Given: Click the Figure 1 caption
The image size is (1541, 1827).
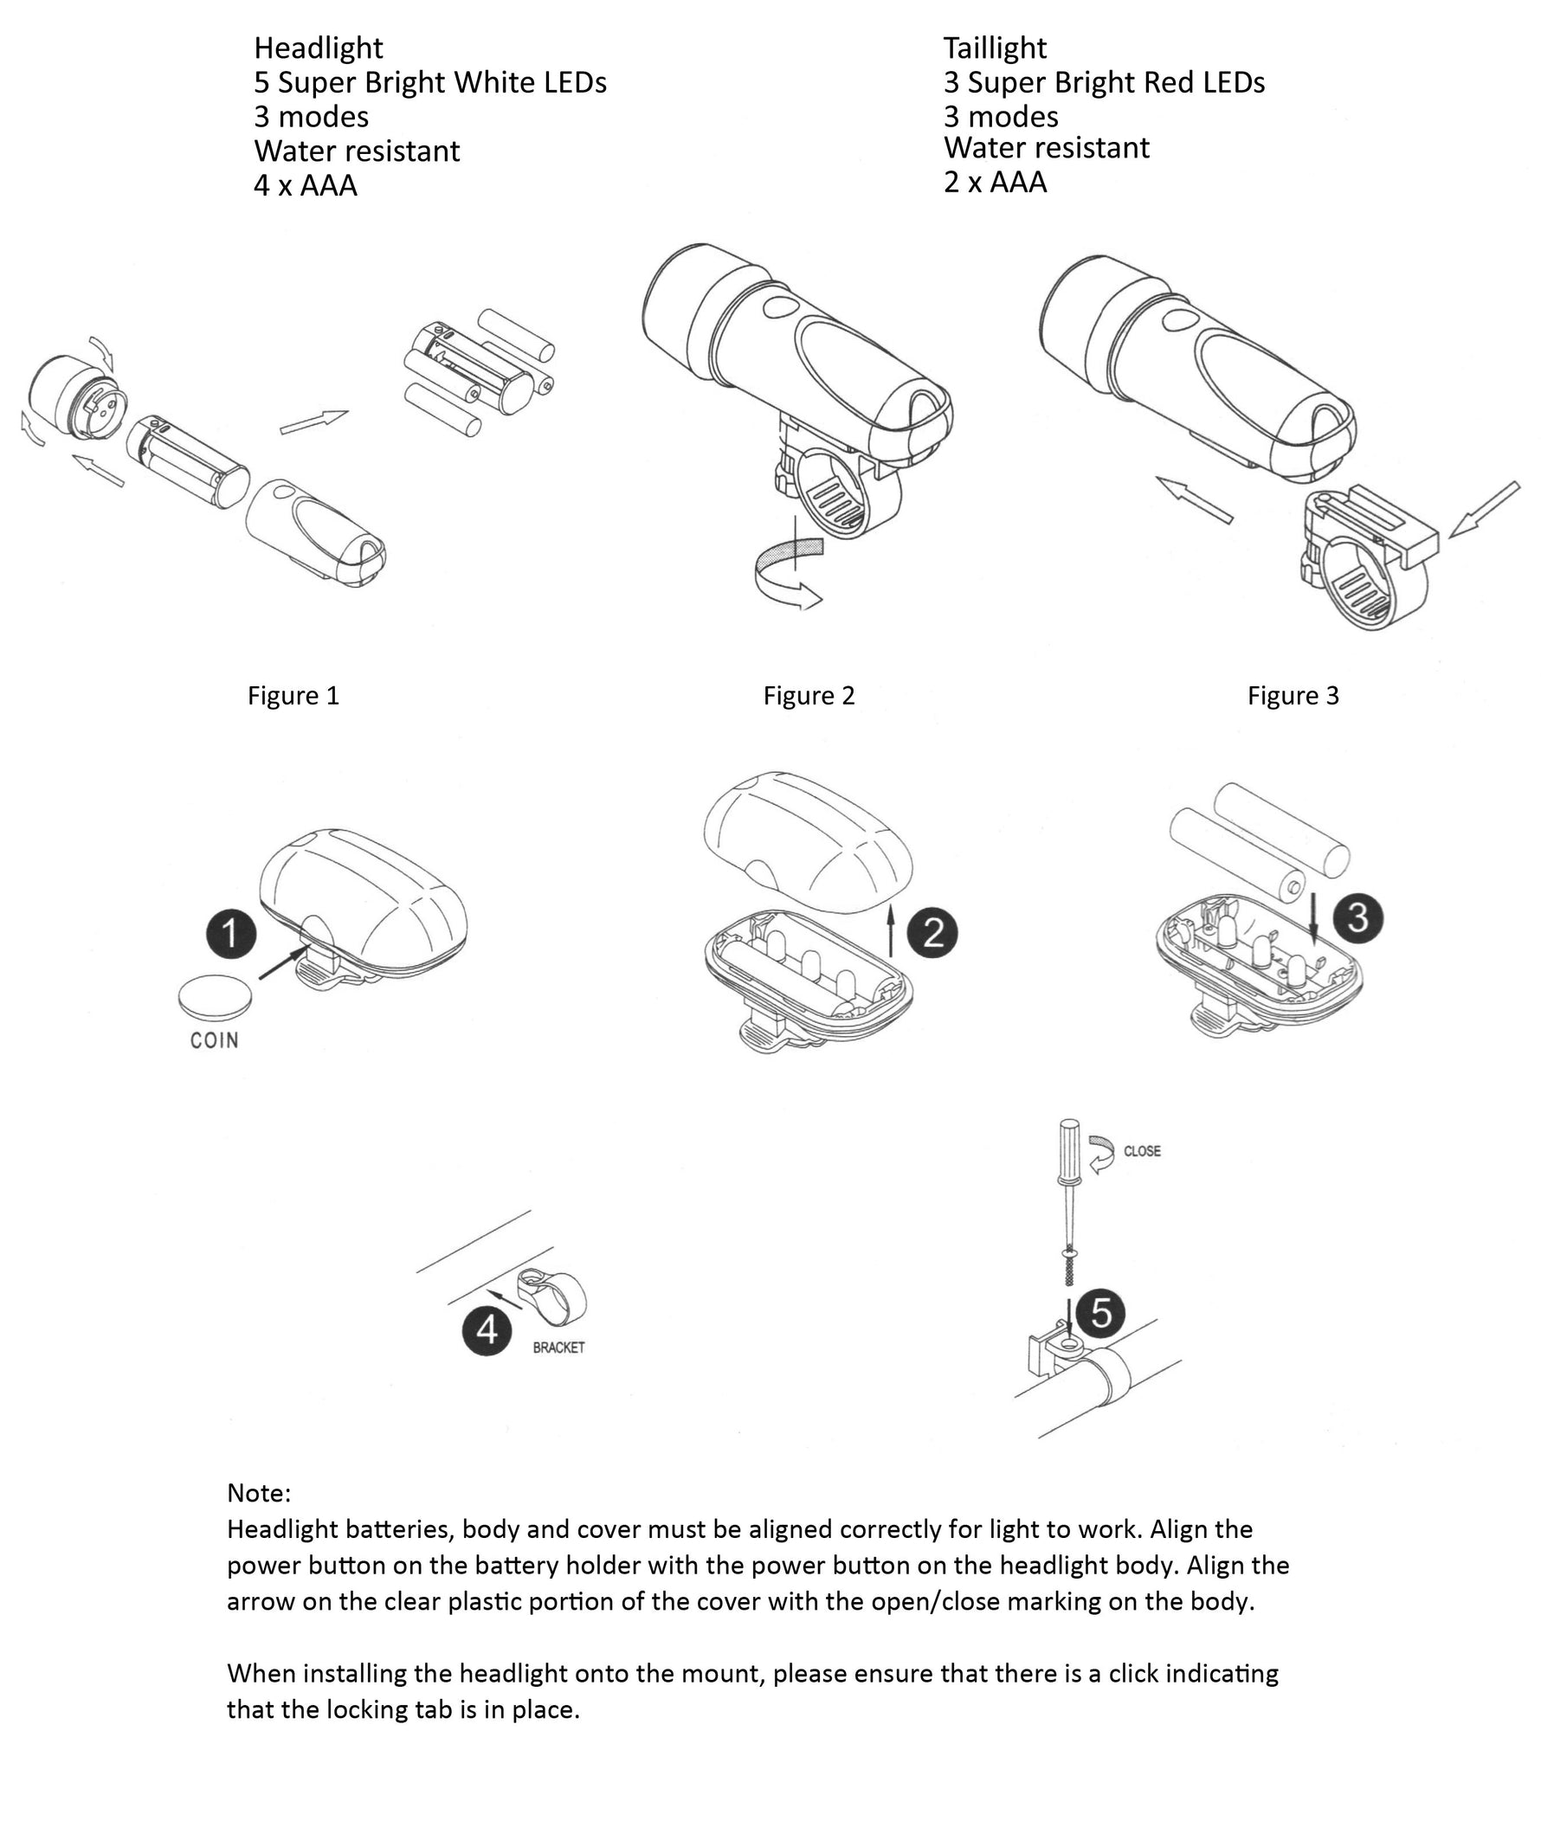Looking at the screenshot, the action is coord(293,695).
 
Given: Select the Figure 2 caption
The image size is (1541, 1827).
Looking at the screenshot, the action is coord(809,695).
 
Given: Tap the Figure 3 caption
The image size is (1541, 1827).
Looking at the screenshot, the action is coord(1293,695).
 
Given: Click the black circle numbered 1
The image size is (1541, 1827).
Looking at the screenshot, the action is coord(231,933).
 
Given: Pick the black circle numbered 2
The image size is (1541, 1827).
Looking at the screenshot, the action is coord(932,933).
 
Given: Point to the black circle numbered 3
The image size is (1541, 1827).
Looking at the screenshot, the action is coord(1358,918).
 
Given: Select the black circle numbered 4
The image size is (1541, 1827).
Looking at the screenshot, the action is coord(487,1330).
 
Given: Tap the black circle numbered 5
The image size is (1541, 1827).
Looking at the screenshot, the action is coord(1100,1312).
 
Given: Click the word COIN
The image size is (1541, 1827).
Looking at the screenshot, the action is coord(214,1040).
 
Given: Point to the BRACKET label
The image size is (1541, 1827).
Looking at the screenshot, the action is coord(559,1348).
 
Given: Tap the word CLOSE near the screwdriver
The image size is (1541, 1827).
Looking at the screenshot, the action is coord(1142,1151).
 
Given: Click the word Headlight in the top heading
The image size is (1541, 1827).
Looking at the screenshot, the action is coord(319,48).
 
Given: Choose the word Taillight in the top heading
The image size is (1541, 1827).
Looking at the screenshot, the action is coord(995,48).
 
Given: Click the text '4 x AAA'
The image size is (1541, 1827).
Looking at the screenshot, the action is coord(306,185).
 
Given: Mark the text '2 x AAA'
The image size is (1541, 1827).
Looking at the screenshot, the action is coord(995,182).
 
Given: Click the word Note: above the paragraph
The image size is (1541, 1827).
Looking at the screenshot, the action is coord(259,1493).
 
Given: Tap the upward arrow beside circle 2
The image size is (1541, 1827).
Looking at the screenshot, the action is coord(891,930).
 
